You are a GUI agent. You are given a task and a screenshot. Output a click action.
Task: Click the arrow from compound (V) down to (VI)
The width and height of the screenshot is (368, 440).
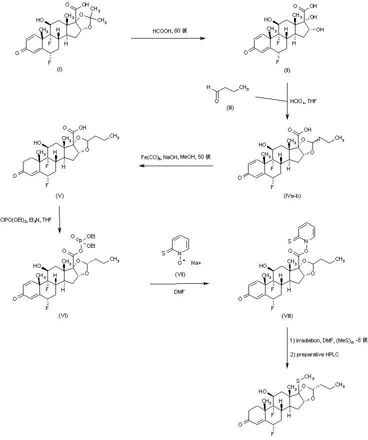(59, 217)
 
